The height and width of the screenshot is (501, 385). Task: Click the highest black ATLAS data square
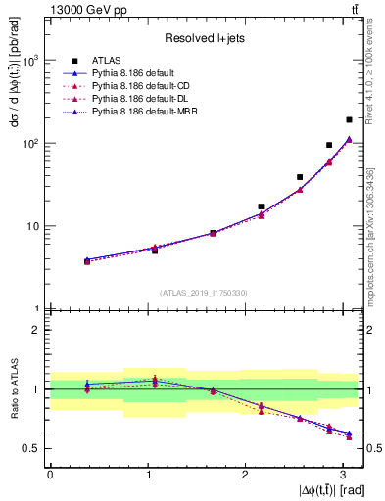point(349,119)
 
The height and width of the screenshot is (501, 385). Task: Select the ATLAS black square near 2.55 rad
point(300,177)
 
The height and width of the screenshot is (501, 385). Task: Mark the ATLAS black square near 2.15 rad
point(261,206)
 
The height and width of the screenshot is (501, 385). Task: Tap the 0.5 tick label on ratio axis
point(33,448)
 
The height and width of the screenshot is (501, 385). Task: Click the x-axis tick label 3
point(342,475)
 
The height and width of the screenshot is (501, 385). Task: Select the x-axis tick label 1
point(147,475)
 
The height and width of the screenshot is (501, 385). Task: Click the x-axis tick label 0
point(50,475)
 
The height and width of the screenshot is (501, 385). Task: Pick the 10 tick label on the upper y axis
point(31,226)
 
